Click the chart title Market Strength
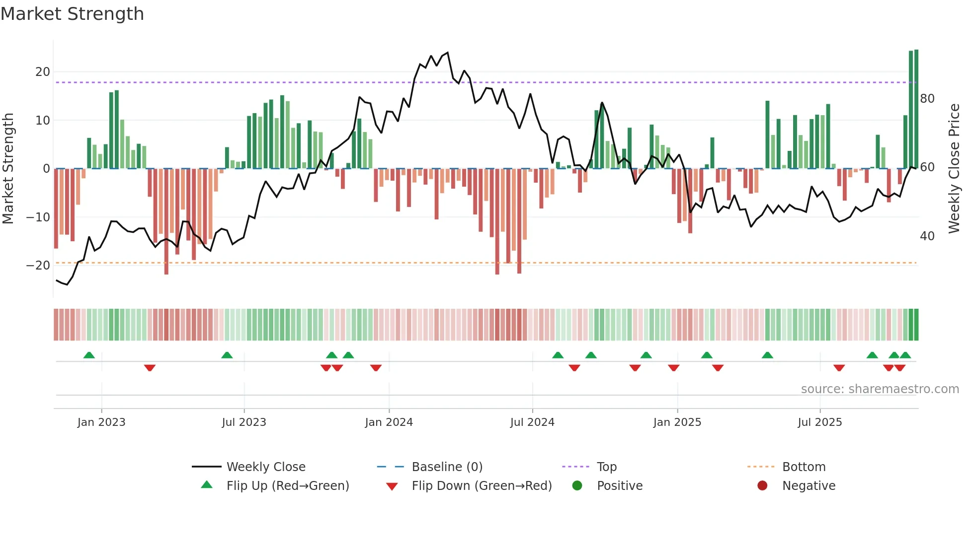coord(72,14)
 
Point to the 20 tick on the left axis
coord(43,72)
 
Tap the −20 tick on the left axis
coord(38,266)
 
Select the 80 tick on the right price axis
coord(927,99)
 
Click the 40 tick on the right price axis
coord(927,236)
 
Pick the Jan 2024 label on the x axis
coord(389,422)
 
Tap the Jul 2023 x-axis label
coord(244,422)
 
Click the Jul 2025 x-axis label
coord(820,422)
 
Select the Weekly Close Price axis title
coord(954,169)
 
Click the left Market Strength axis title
coord(8,169)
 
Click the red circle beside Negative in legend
coord(762,486)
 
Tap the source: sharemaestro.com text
coord(880,389)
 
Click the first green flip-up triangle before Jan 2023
coord(89,355)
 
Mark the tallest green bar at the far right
coord(916,109)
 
